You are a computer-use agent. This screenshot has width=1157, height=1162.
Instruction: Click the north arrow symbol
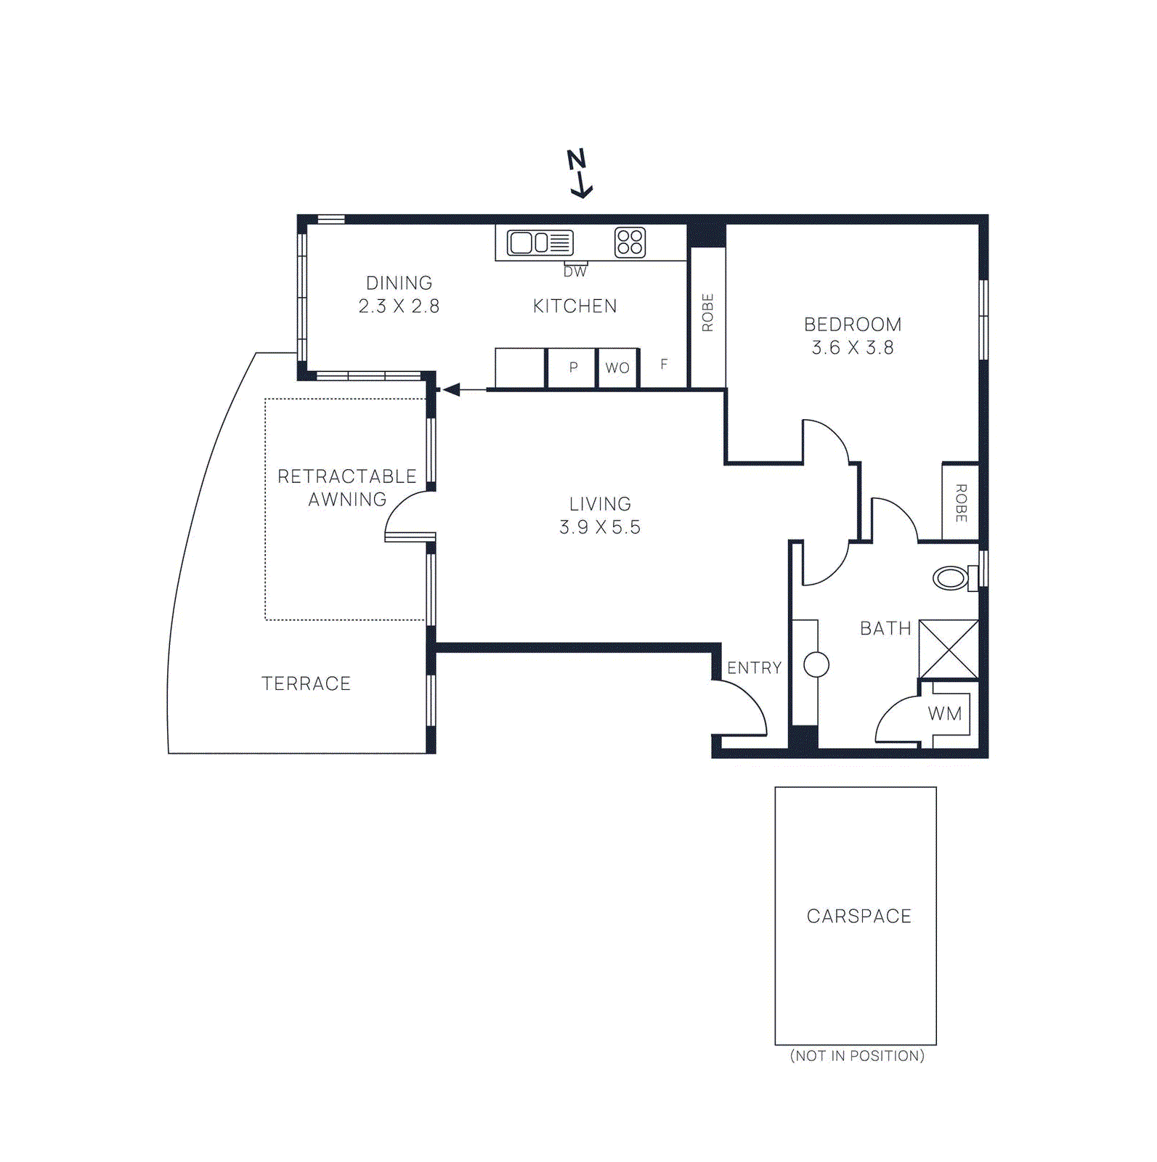tap(580, 173)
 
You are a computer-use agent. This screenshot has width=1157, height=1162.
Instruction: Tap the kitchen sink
tap(540, 243)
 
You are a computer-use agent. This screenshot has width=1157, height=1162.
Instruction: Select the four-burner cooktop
tap(630, 243)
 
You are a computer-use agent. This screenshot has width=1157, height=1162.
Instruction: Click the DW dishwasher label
tap(575, 272)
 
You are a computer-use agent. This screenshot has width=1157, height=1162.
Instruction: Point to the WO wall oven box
tap(618, 368)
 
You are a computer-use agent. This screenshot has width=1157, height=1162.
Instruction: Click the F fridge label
tap(664, 365)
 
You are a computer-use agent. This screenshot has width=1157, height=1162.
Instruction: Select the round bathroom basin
tap(816, 665)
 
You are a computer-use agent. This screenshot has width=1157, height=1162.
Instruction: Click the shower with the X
tap(949, 649)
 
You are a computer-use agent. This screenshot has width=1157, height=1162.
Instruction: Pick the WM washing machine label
tap(945, 714)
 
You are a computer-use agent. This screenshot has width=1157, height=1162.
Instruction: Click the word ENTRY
tap(755, 668)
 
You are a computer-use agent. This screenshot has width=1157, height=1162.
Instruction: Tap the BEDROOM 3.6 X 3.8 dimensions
tap(853, 348)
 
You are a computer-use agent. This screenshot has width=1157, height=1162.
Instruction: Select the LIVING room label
tap(600, 504)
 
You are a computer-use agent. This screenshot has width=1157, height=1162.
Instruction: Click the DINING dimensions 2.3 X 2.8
tap(399, 306)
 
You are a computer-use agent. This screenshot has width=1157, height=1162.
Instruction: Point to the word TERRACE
tap(306, 683)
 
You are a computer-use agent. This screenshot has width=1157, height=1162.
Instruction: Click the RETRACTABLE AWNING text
tap(347, 488)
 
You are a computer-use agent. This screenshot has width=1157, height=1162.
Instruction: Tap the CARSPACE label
tap(859, 917)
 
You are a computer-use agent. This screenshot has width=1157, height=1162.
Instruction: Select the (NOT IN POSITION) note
tap(857, 1056)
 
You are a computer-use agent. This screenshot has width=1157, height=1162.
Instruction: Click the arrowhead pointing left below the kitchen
tap(452, 390)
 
